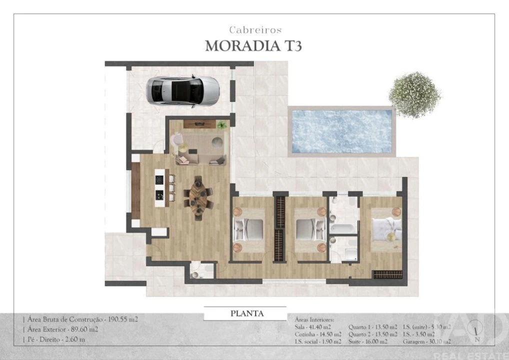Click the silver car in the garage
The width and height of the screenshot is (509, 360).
pos(182,90)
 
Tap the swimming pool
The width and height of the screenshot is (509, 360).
pos(341,131)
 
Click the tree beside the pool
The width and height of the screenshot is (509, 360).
pos(414,94)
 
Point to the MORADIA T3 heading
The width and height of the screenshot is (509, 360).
pos(253,45)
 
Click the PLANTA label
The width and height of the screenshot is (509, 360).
pos(246,314)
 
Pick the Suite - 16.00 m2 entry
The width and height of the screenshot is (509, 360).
pos(367,342)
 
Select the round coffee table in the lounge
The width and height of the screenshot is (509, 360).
pos(218,143)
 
